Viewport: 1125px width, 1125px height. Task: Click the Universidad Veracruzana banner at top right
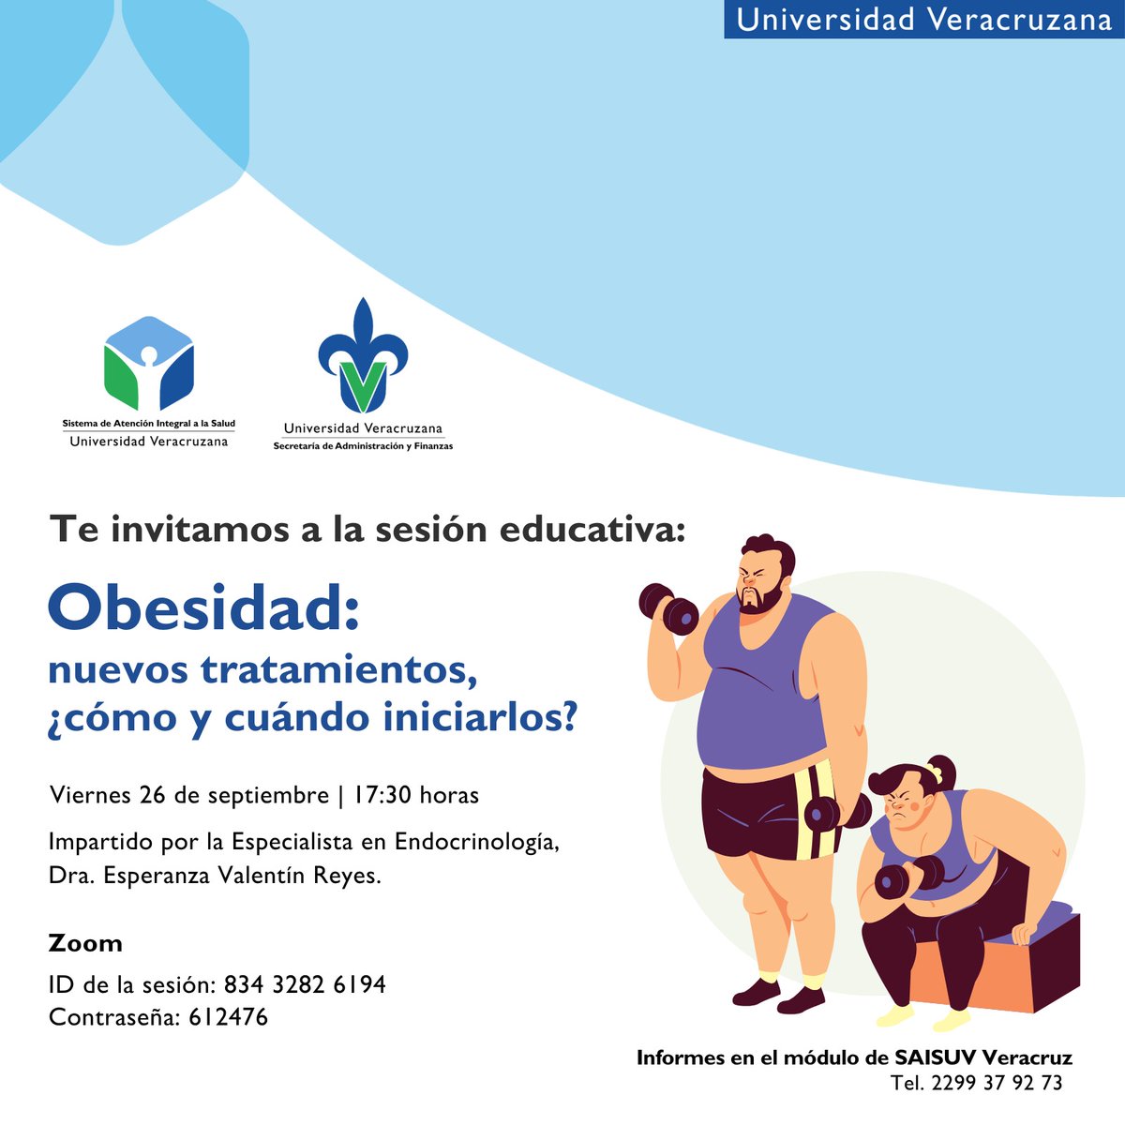(x=923, y=20)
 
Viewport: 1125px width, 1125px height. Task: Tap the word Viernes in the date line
(x=90, y=796)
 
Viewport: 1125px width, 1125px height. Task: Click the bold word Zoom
(x=85, y=943)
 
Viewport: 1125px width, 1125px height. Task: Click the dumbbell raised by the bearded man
(x=667, y=609)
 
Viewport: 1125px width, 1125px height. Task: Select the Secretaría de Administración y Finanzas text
(x=363, y=446)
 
